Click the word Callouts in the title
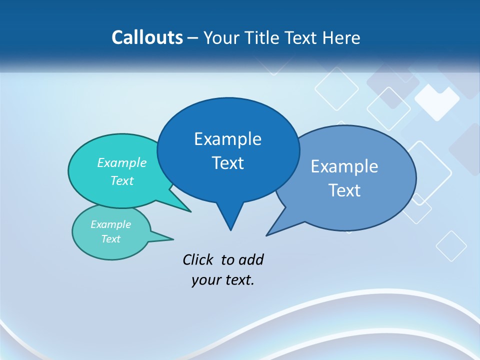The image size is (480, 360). click(x=147, y=38)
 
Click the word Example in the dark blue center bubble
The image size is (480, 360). click(x=227, y=139)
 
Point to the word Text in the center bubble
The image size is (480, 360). click(x=227, y=163)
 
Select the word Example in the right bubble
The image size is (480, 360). click(x=344, y=166)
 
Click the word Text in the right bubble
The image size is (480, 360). click(x=344, y=190)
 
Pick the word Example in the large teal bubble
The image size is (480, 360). click(x=121, y=163)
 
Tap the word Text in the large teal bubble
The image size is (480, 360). click(x=121, y=181)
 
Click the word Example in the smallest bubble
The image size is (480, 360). click(x=110, y=224)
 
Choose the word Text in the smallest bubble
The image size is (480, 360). click(x=110, y=239)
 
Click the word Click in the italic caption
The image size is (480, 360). click(x=198, y=259)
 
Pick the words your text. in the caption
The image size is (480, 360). click(x=222, y=280)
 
